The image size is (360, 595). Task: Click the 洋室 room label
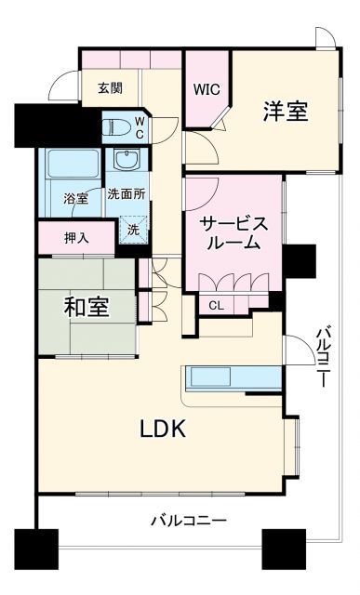tap(285, 112)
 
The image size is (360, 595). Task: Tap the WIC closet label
tap(206, 90)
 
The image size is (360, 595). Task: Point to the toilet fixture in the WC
tap(115, 126)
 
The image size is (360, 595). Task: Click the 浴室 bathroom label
tap(75, 198)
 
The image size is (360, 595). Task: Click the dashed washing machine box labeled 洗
tap(133, 229)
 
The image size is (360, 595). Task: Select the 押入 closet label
tap(76, 238)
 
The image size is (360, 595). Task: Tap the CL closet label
tap(215, 305)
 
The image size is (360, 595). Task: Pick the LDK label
tap(164, 429)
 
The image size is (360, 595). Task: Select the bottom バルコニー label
tap(189, 521)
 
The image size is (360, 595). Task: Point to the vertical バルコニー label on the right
tap(323, 358)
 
